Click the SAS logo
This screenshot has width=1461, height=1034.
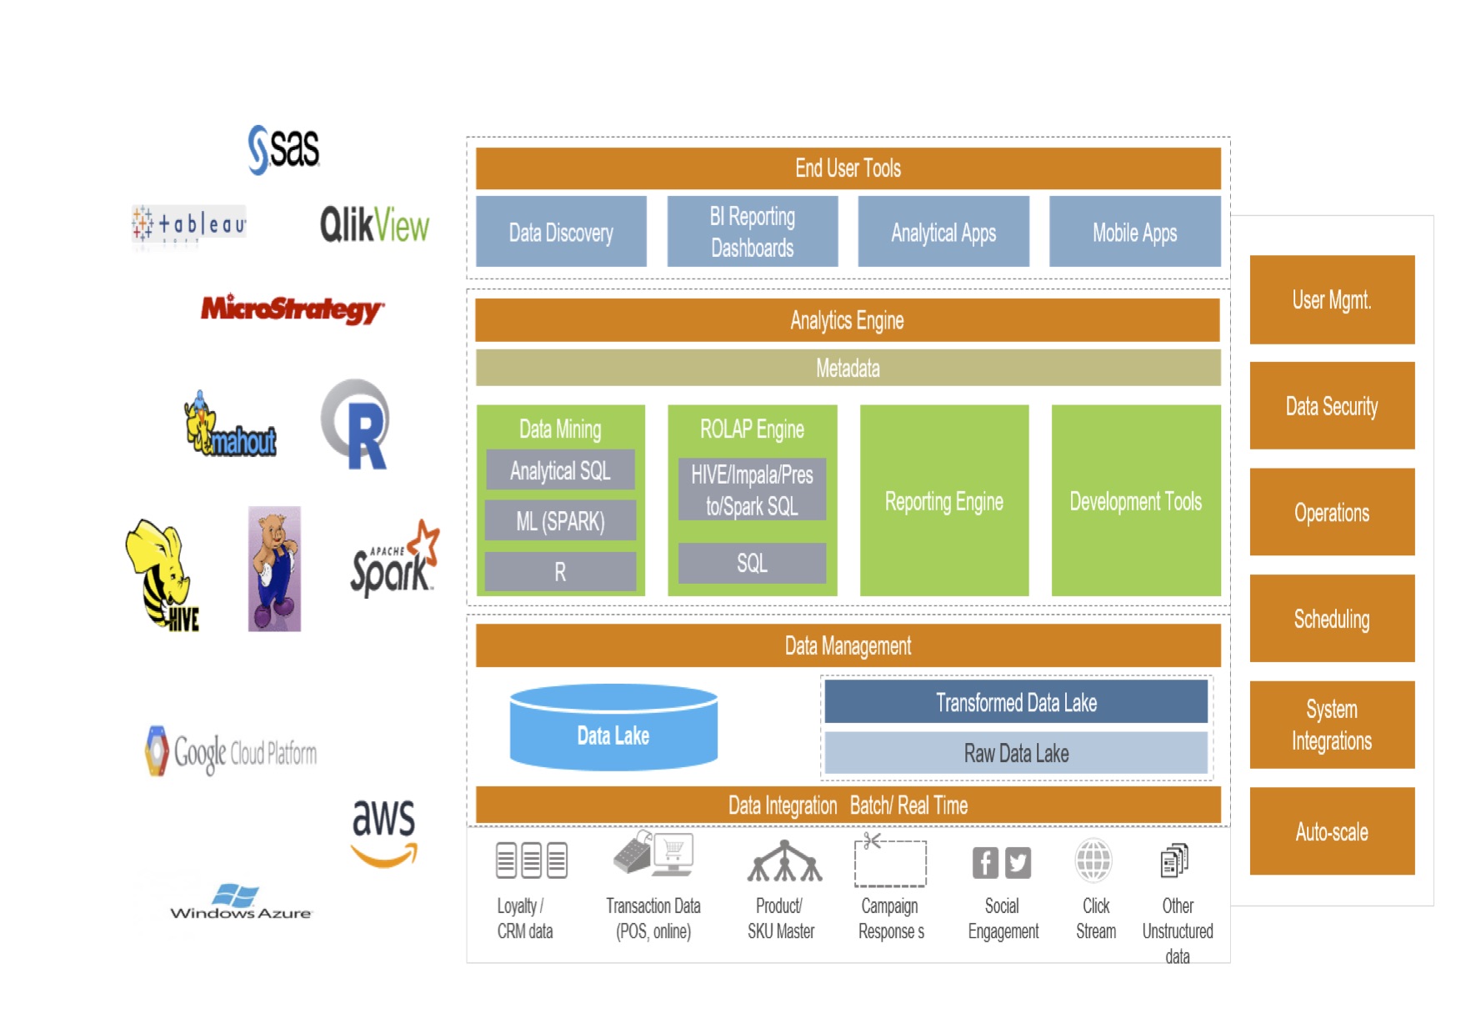(284, 149)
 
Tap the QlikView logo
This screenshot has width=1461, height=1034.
(374, 224)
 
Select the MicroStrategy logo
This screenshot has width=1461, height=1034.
(292, 309)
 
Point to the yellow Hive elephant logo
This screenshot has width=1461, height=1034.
(162, 575)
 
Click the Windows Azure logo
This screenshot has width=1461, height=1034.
(240, 902)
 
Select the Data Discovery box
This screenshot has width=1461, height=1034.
(561, 232)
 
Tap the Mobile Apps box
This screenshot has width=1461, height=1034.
(1134, 232)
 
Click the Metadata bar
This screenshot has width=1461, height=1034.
(848, 368)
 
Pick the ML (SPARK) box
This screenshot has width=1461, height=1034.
(560, 521)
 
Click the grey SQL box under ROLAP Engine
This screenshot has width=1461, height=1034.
(752, 563)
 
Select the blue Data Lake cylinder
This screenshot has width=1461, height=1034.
(613, 729)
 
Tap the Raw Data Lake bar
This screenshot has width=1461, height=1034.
(1016, 753)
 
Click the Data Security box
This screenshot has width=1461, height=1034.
(1332, 406)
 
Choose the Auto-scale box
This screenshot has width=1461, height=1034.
(1332, 831)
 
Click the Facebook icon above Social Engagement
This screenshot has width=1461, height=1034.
(985, 862)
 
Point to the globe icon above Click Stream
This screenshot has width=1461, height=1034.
(1093, 861)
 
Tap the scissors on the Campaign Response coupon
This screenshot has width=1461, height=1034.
(872, 841)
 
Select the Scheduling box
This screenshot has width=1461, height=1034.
(1332, 619)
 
